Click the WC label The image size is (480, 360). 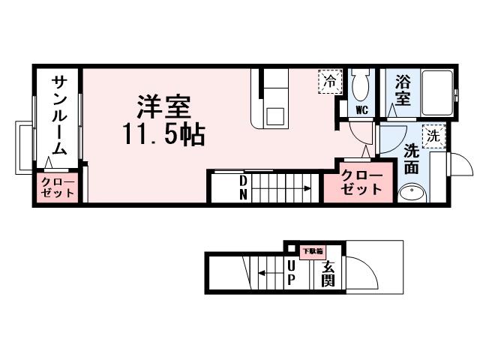[x=361, y=109]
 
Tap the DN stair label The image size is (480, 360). [x=244, y=187]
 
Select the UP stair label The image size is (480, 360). [x=291, y=273]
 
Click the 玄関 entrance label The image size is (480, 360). [x=328, y=273]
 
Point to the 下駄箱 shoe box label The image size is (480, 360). [x=312, y=251]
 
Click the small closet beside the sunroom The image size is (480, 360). [x=58, y=187]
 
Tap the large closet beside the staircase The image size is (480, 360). [x=362, y=182]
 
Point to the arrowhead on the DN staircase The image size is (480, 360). [x=307, y=190]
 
